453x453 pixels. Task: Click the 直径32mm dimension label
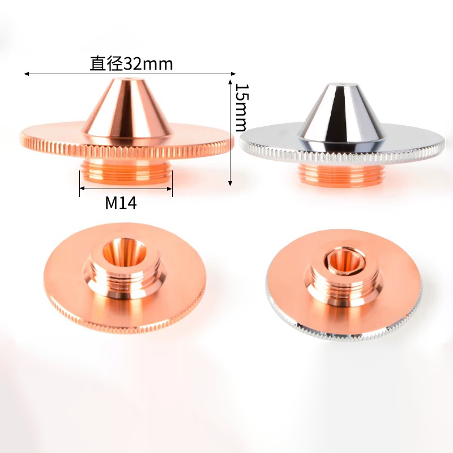(x=131, y=63)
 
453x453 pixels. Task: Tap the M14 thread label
(x=121, y=203)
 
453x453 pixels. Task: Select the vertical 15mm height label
(x=242, y=108)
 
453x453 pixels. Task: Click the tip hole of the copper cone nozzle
(x=126, y=79)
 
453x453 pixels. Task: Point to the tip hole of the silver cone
(x=343, y=84)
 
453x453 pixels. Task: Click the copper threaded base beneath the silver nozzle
(x=342, y=174)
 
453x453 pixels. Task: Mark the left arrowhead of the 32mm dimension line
(x=26, y=74)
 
